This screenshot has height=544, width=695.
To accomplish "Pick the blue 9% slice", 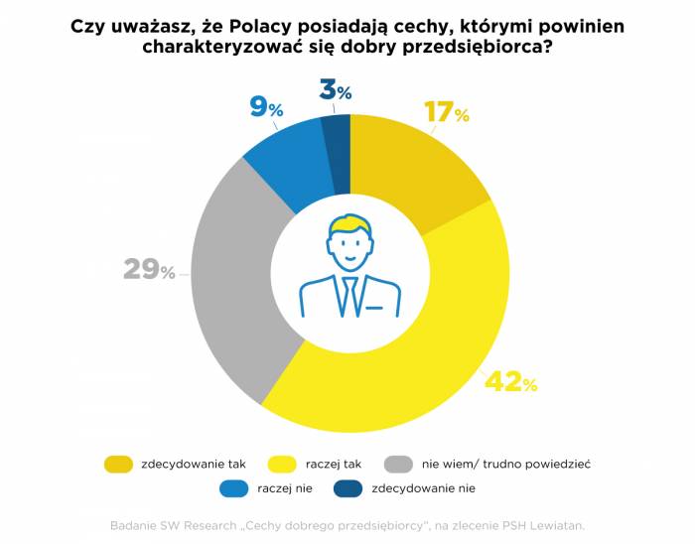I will [288, 164].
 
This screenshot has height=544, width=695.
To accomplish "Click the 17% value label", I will [446, 112].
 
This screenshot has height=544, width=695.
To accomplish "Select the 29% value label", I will [149, 269].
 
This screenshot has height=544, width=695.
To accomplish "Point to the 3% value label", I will [336, 91].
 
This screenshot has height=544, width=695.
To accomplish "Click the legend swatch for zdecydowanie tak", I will [117, 464].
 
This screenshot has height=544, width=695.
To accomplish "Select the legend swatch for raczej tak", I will [282, 464].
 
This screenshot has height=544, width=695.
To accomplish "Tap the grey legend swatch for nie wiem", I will [399, 464].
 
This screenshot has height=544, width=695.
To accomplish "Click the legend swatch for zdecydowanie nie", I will [347, 488].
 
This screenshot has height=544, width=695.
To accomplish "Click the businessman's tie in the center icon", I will [349, 294].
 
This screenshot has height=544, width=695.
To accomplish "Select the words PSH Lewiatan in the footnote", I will [549, 524].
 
